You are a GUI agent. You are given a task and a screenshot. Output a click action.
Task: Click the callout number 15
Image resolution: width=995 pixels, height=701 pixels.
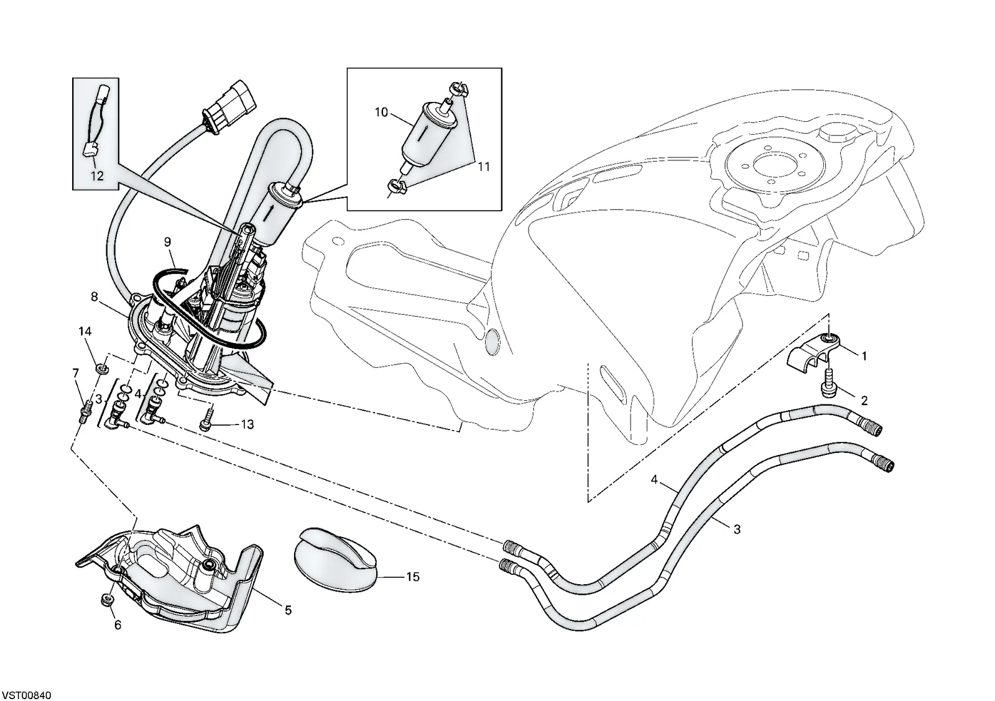[413, 577]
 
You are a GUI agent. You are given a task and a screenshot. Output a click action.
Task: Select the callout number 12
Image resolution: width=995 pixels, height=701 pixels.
[97, 176]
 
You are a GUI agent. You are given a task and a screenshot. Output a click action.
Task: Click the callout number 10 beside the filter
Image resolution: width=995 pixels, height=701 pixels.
[382, 112]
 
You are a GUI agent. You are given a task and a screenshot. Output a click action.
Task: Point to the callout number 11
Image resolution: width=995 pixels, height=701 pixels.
[484, 167]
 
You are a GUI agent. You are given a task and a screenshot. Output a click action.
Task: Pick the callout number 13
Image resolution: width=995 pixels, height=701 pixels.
[247, 424]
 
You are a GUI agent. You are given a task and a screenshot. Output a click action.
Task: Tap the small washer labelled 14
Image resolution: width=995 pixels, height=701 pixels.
[102, 369]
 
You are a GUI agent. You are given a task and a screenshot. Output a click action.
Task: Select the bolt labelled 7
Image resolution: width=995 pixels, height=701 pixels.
[85, 408]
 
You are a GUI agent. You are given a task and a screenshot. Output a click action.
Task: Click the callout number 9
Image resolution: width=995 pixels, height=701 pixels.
[167, 242]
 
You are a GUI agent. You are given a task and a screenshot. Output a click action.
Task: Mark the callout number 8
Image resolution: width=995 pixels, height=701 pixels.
[94, 296]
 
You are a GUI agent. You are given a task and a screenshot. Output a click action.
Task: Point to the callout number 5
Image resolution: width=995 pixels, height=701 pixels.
[289, 610]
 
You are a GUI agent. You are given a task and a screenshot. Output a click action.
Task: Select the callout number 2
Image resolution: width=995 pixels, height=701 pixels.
[864, 401]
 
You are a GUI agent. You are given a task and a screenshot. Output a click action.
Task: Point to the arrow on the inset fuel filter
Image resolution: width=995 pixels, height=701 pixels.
[425, 133]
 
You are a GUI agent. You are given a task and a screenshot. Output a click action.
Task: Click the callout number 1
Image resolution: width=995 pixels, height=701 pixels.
[864, 355]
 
